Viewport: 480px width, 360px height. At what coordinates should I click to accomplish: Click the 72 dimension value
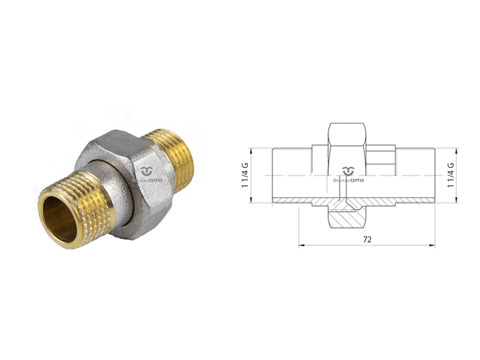pos(367,239)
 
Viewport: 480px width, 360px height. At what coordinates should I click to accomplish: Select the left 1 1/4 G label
pos(245,175)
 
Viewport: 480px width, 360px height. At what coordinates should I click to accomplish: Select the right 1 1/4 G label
pos(451,175)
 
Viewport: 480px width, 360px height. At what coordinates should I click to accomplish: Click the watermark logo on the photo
pos(147,175)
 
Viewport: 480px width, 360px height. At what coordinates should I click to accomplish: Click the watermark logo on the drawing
pos(349,175)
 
